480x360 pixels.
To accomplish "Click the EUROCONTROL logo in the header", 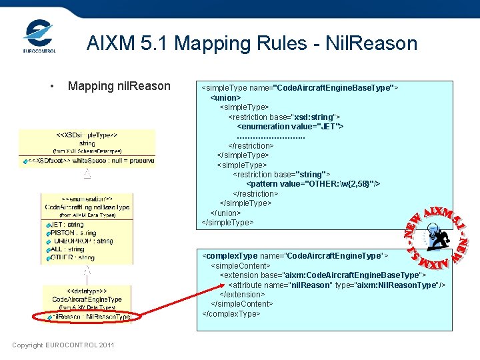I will pos(39,36).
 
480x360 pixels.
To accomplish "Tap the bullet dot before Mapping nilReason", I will pos(51,86).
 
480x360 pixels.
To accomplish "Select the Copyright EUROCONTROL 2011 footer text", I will pos(63,345).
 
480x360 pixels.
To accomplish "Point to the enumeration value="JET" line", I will pos(290,126).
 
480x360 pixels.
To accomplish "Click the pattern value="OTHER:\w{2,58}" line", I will pos(313,184).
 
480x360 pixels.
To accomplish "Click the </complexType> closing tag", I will pos(231,313).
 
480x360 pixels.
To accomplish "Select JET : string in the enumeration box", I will pos(67,225).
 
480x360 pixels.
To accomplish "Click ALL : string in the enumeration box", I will pos(67,249).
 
